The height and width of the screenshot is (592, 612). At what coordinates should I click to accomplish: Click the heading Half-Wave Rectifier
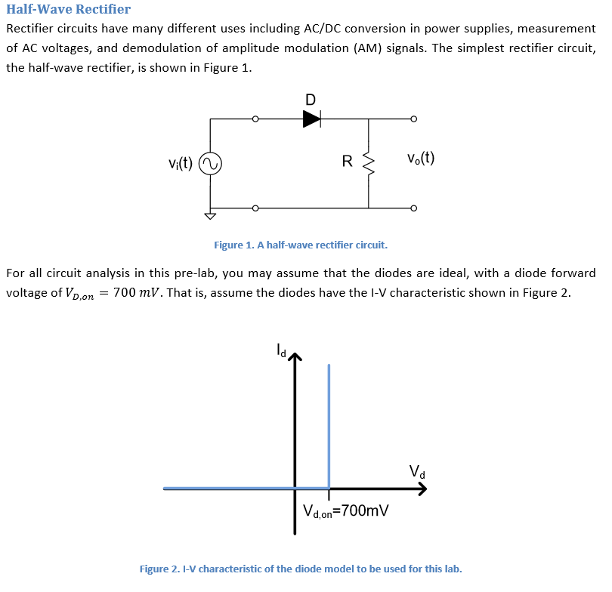[68, 10]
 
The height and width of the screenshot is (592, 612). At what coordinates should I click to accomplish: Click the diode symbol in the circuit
[311, 119]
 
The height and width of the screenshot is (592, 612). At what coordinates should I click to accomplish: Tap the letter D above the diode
[311, 99]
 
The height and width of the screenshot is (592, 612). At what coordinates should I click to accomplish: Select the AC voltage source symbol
[209, 162]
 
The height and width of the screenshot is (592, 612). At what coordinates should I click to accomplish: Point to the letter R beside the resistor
[347, 161]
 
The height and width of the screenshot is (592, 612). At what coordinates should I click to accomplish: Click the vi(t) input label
[181, 162]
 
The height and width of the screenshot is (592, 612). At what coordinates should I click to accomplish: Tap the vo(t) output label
[420, 159]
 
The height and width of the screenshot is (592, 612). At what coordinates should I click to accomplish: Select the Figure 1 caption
[300, 245]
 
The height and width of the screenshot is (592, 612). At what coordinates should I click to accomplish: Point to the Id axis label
[280, 350]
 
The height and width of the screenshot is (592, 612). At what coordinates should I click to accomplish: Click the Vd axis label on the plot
[417, 472]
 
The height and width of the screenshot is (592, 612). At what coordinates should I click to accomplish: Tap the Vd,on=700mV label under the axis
[345, 511]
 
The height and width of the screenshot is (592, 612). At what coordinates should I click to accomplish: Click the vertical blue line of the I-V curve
[329, 423]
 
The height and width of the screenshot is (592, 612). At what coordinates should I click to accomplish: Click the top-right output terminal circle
[413, 119]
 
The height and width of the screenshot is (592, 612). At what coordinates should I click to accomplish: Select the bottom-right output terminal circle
[413, 208]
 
